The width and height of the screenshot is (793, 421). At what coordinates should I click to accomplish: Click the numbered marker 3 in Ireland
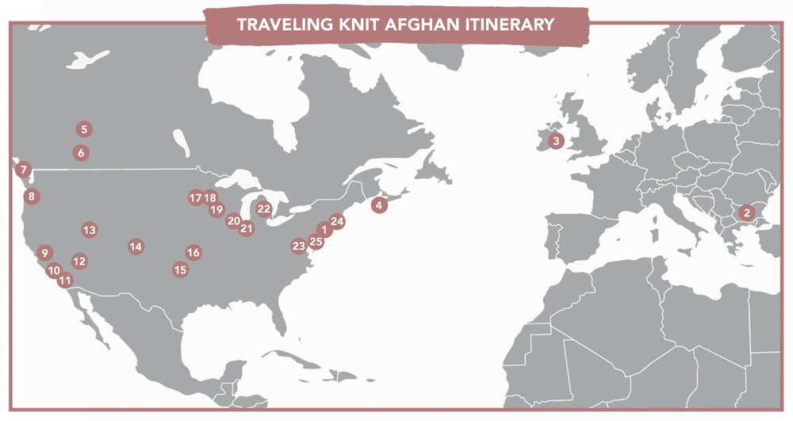point(556,141)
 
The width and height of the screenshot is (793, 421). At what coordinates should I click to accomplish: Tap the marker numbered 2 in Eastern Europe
point(745,212)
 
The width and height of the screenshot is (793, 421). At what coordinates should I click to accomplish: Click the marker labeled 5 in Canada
point(84,128)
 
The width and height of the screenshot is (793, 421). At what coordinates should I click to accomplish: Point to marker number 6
point(81,152)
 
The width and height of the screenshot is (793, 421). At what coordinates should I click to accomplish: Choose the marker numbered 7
point(24,169)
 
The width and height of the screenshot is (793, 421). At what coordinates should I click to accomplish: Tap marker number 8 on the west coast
point(30,196)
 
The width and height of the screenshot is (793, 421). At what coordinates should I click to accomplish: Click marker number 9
point(44,253)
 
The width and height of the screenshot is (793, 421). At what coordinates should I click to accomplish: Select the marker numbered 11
point(65,279)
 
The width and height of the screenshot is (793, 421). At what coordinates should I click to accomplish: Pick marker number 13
point(89,230)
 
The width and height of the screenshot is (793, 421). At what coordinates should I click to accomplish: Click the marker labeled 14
point(136,247)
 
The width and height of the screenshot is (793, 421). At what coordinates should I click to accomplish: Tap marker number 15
point(180,270)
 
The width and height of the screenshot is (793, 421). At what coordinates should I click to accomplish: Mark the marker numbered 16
point(193,252)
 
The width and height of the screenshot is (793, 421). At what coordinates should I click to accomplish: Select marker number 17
point(196,197)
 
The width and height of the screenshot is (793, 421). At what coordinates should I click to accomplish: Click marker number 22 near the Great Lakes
point(264,209)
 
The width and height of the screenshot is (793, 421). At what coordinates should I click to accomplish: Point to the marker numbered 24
point(337,221)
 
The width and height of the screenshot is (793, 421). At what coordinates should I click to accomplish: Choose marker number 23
point(298,246)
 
